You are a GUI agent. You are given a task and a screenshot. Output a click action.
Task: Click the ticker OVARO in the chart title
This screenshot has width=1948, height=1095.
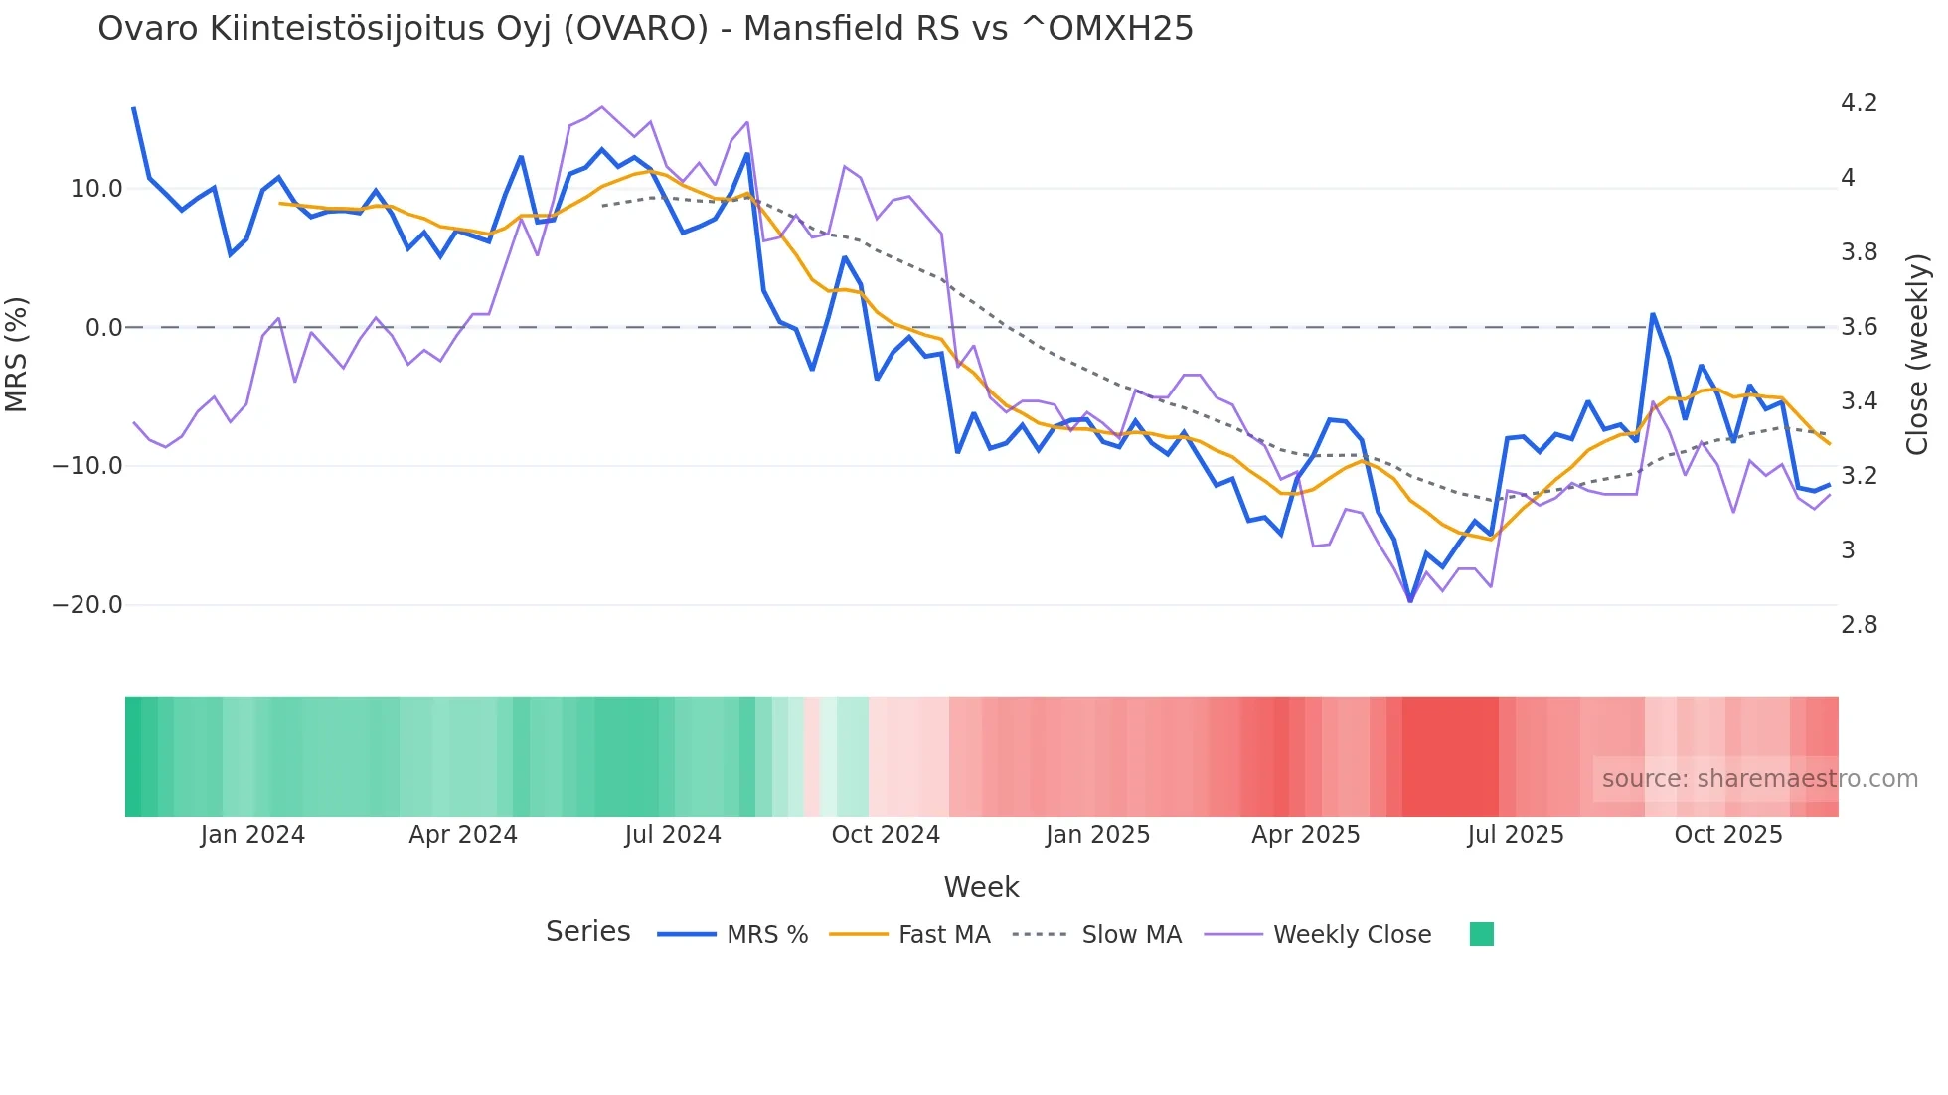(x=636, y=29)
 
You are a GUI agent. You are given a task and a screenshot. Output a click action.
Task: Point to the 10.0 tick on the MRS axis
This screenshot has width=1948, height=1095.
(x=96, y=189)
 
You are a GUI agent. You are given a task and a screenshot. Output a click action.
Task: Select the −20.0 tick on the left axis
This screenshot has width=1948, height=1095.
(x=87, y=605)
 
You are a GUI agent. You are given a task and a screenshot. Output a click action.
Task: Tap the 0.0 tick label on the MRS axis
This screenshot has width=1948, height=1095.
(x=103, y=328)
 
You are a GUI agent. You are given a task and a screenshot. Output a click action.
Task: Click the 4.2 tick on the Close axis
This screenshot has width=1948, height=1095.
(x=1859, y=103)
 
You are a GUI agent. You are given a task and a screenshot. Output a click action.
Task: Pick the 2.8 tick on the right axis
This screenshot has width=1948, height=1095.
(x=1859, y=625)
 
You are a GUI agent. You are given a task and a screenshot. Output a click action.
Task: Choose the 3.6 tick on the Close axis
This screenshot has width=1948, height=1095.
(x=1859, y=327)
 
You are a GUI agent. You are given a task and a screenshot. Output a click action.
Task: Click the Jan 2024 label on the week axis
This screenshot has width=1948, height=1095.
(x=252, y=835)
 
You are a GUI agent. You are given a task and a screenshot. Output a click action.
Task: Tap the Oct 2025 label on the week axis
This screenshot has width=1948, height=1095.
(x=1728, y=835)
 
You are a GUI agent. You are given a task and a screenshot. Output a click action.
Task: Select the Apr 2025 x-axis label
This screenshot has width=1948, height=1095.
(x=1305, y=835)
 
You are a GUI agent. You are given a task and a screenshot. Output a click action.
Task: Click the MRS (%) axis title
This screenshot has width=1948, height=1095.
(x=17, y=355)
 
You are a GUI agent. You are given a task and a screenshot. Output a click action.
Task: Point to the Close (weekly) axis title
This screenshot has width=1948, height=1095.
(x=1917, y=355)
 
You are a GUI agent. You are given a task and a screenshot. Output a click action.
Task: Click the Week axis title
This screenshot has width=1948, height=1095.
(x=981, y=887)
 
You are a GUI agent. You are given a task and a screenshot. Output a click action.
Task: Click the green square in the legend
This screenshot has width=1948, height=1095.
(x=1481, y=934)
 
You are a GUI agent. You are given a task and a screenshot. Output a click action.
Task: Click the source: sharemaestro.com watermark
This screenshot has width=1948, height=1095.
(x=1759, y=779)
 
